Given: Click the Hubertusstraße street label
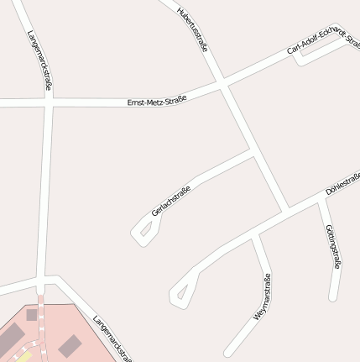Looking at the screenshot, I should [x=193, y=30].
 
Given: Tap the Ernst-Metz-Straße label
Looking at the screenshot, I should [x=156, y=100].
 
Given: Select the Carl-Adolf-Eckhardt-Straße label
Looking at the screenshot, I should [x=323, y=41].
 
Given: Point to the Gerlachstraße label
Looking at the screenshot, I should [x=171, y=201].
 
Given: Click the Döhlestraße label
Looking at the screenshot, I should [x=342, y=185].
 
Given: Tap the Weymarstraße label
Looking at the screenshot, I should [x=262, y=298].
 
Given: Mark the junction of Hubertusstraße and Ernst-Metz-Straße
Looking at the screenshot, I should [x=222, y=84].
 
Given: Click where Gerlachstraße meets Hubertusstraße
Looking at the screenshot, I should [x=253, y=153].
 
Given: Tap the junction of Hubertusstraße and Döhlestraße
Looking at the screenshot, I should [x=287, y=207].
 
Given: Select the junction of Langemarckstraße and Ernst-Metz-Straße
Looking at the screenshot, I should [x=50, y=102].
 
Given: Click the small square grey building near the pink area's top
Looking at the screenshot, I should [x=32, y=315].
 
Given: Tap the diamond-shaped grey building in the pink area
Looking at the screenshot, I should [x=70, y=345].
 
